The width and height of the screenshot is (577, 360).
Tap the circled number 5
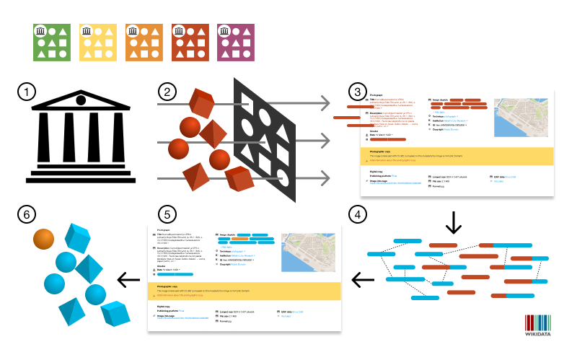[x=167, y=214]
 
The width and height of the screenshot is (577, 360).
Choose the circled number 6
[x=27, y=214]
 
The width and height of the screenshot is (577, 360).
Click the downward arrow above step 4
[x=453, y=221]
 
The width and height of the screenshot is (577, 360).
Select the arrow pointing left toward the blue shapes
[x=129, y=279]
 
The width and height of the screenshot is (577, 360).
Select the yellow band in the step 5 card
[x=243, y=290]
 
